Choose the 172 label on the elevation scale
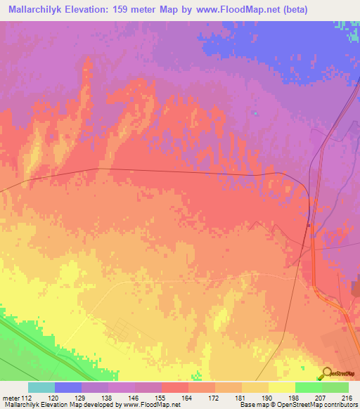[214, 398]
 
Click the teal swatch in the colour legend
[41, 387]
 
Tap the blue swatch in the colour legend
[68, 387]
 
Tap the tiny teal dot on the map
[255, 113]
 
